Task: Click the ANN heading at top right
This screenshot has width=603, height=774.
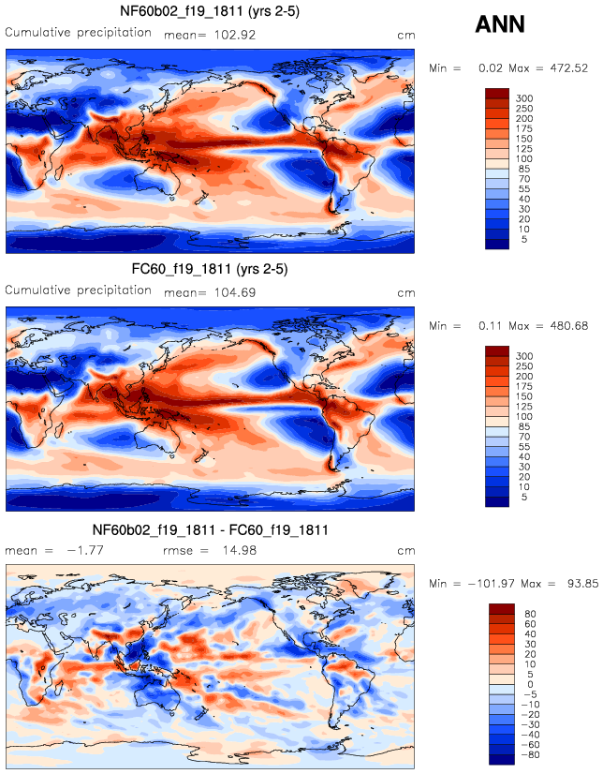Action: [500, 25]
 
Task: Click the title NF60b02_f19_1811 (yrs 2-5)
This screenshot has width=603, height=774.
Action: [212, 11]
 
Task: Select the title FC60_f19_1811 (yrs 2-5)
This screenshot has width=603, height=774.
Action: [212, 270]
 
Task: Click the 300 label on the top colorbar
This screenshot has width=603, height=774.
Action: [524, 97]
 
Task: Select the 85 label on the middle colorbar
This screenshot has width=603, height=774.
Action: [524, 427]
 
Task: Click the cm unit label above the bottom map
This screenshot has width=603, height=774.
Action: [405, 551]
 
